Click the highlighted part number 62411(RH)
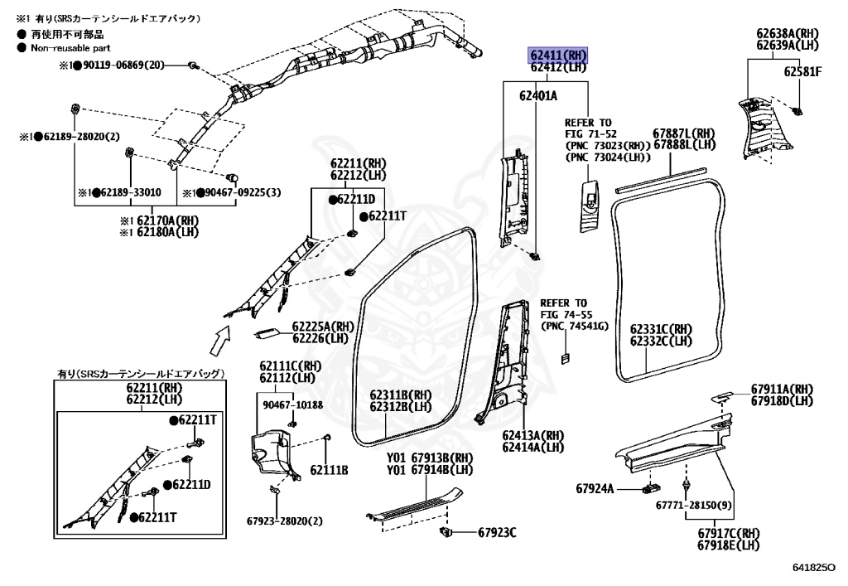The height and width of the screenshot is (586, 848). [x=558, y=56]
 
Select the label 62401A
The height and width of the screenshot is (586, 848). [x=538, y=95]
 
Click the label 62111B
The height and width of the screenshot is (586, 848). [x=329, y=470]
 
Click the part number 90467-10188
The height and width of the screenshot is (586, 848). [x=293, y=404]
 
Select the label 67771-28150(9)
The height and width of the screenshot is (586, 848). [x=694, y=505]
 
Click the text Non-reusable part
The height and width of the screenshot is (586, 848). [x=70, y=48]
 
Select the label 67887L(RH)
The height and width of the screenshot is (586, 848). [x=683, y=133]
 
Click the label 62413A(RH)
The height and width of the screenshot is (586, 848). [x=532, y=435]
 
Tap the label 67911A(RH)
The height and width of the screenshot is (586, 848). [x=782, y=390]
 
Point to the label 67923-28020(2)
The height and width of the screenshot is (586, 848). [x=284, y=521]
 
